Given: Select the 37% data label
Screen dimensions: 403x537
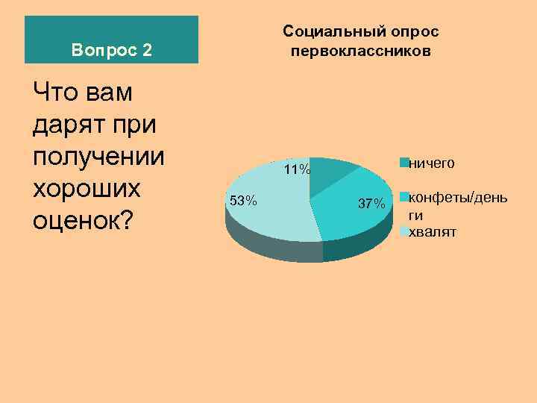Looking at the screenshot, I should tap(371, 204).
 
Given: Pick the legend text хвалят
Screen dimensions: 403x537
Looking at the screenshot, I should tap(433, 232).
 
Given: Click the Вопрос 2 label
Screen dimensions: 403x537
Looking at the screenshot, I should tap(112, 51).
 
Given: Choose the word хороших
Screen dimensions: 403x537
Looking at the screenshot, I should tap(87, 188).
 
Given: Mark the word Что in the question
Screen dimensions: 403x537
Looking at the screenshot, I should tap(54, 92).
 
